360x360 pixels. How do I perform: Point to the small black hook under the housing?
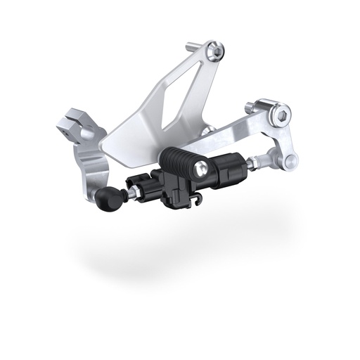[198, 205]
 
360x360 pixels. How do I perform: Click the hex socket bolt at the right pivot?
[282, 113]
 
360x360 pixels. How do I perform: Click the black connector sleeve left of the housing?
[140, 190]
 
